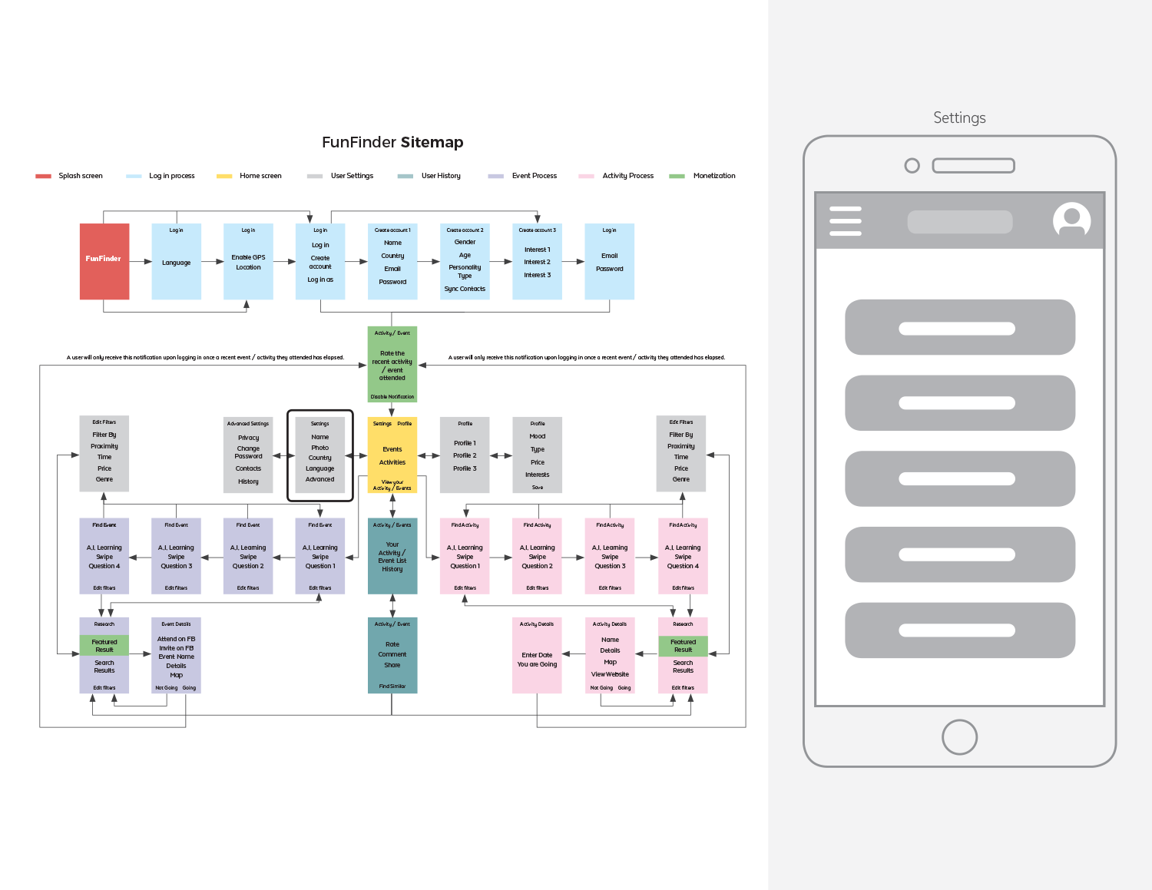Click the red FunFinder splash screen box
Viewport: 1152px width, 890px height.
coord(104,261)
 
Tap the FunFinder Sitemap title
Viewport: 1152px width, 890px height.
coord(392,142)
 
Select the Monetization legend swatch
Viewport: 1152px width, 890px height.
coord(677,176)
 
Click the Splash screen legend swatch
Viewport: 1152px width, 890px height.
coord(43,176)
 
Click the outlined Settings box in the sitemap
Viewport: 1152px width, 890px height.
coord(320,455)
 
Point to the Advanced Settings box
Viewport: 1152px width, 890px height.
coord(248,455)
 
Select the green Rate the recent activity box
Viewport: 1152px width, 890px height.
coord(392,364)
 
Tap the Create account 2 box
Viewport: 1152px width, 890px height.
coord(465,261)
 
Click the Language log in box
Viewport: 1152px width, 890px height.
coord(177,261)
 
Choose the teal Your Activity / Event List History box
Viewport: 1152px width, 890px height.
coord(392,556)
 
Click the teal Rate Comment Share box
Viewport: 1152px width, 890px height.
coord(392,655)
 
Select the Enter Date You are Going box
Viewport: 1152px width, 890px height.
coord(537,655)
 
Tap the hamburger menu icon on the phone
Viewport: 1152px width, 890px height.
coord(846,220)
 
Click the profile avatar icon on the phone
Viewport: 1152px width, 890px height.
coord(1071,220)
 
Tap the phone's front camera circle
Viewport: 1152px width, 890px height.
coord(912,165)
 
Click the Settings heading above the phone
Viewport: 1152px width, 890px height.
coord(959,117)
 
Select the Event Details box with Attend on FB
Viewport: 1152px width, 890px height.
coord(177,655)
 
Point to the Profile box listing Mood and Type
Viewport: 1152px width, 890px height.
coord(538,455)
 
